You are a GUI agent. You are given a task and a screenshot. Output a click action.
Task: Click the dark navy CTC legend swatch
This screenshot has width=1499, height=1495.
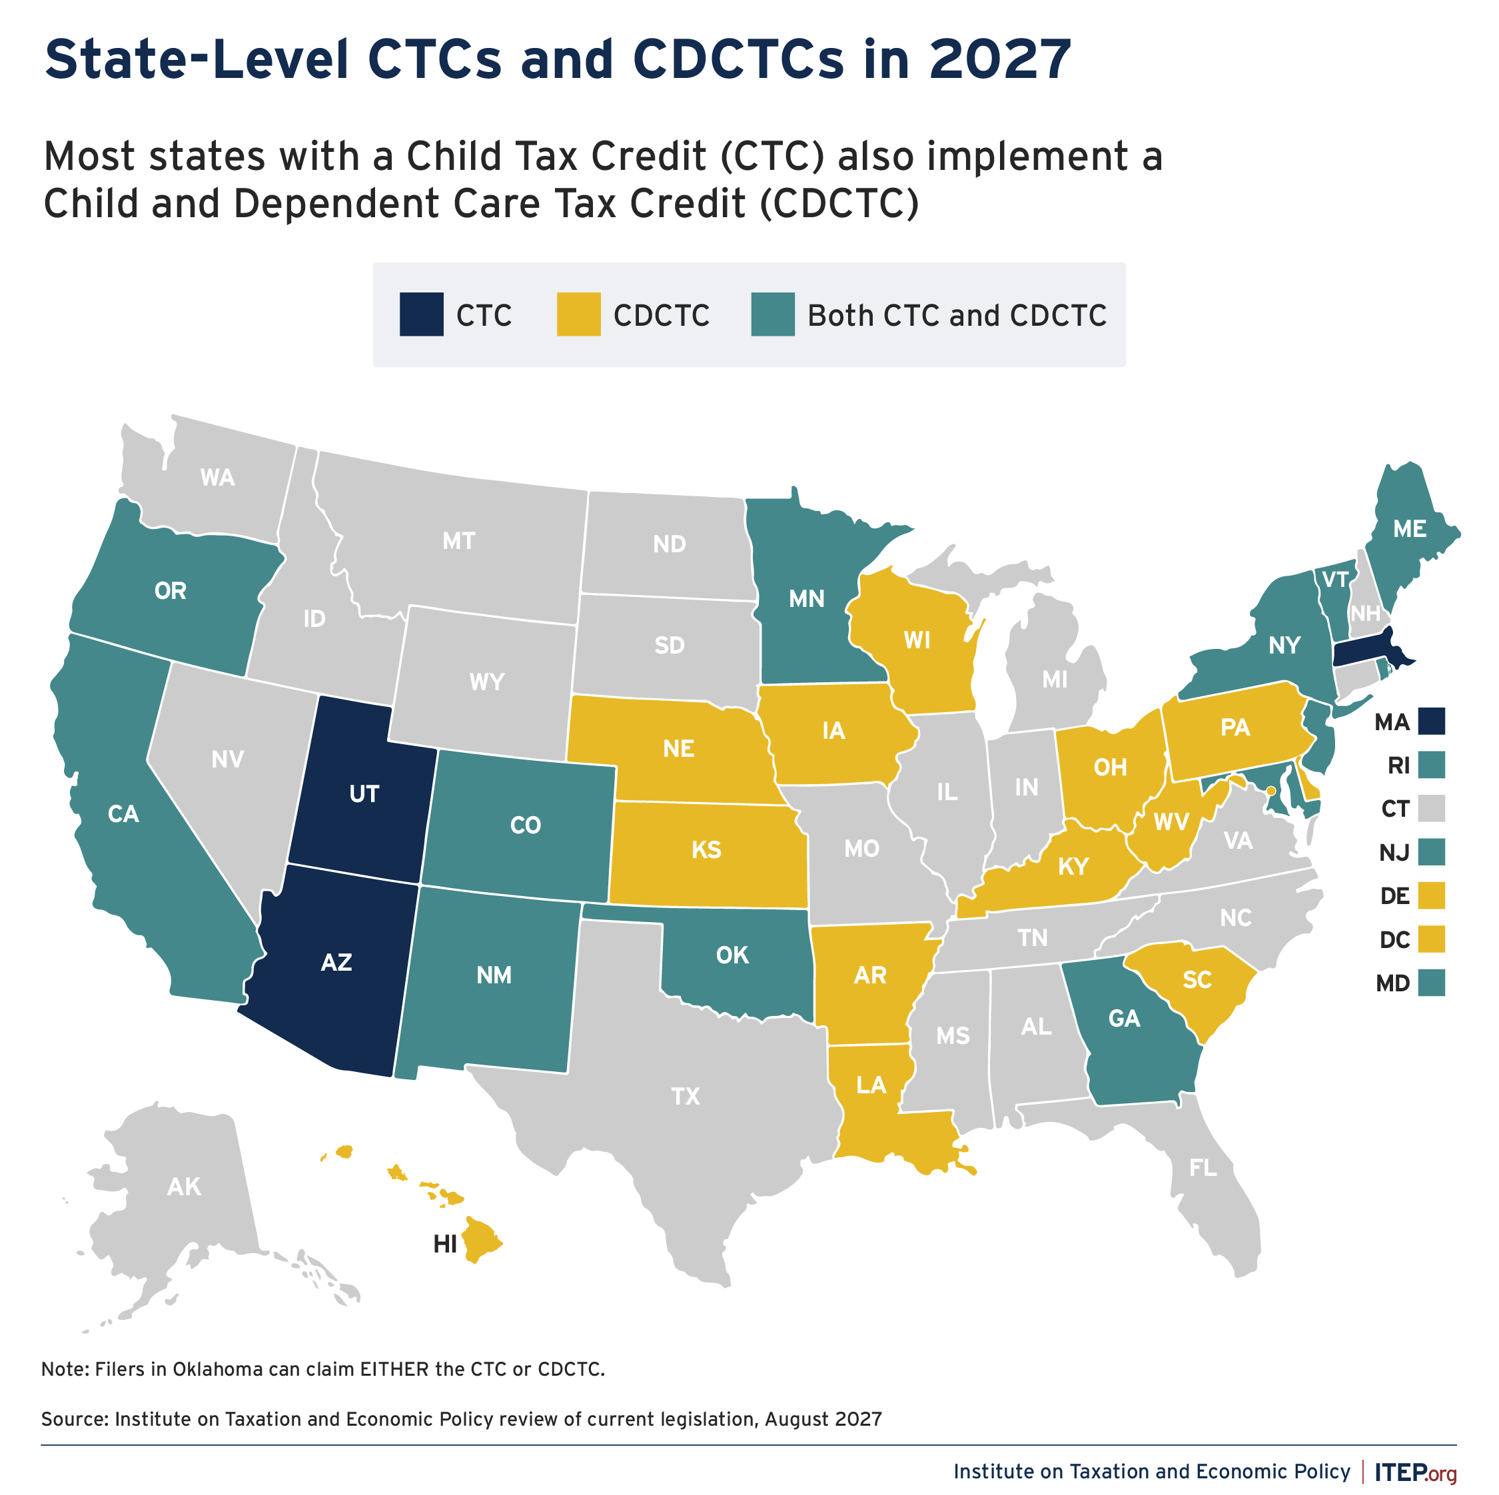click(421, 314)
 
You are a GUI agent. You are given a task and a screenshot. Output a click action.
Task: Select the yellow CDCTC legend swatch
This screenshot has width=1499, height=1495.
click(579, 314)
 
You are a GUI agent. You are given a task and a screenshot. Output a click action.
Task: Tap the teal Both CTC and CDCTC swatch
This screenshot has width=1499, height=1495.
click(773, 314)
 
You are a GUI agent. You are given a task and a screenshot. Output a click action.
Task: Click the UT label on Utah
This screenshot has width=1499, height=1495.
click(364, 793)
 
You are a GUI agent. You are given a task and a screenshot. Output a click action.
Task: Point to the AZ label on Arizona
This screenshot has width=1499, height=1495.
click(336, 962)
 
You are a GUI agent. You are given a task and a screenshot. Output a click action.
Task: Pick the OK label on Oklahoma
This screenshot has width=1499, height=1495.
click(732, 955)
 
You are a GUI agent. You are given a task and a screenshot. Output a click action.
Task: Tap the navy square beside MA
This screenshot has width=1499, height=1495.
click(1432, 722)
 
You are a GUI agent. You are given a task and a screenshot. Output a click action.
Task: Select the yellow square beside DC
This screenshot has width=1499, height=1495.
click(1432, 939)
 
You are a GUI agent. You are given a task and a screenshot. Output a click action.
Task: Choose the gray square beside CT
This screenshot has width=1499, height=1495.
click(1432, 808)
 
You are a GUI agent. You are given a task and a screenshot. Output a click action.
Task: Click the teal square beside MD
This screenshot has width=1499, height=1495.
click(1432, 983)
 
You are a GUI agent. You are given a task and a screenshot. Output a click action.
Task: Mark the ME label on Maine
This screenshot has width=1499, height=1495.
click(1410, 529)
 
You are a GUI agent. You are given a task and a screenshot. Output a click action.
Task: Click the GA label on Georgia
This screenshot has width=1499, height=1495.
click(1125, 1018)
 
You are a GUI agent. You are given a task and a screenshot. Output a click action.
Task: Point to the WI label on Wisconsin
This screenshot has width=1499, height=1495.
click(917, 640)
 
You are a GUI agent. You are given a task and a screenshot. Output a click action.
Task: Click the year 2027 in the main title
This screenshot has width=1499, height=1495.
click(1000, 60)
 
